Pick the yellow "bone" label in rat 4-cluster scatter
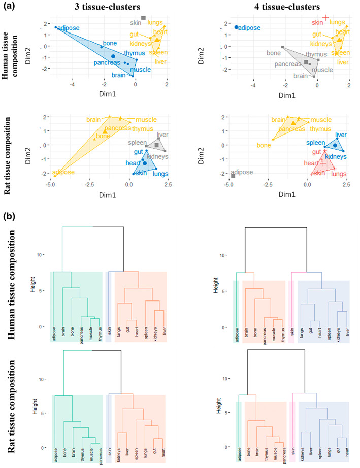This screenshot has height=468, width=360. pos(264,145)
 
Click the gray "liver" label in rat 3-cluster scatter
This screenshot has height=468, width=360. pos(162,135)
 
